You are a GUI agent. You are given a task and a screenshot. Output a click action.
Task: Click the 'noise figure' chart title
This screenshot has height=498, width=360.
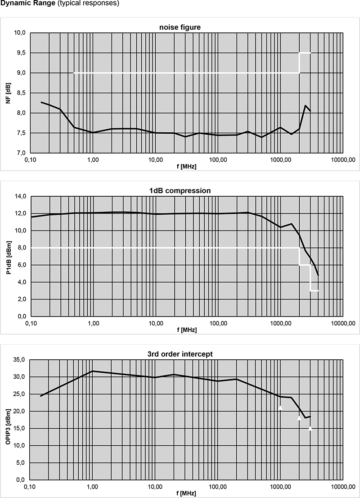point(180,27)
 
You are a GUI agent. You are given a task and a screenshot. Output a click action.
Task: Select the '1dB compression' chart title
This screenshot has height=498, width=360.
point(180,190)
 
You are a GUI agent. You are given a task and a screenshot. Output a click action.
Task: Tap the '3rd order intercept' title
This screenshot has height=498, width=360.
point(180,354)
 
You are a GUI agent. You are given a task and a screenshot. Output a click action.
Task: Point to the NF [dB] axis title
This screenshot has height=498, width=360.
point(8,93)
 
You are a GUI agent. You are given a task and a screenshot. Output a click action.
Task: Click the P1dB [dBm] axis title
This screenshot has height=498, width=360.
point(8,256)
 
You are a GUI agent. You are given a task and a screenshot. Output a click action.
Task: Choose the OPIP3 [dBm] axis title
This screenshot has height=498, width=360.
point(8,420)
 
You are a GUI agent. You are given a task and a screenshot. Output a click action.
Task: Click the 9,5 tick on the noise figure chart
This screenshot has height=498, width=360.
point(20,53)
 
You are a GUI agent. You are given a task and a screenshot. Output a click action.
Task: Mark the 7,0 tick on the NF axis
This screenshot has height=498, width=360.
point(20,153)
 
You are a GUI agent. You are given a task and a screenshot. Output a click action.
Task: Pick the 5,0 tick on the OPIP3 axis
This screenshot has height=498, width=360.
point(20,463)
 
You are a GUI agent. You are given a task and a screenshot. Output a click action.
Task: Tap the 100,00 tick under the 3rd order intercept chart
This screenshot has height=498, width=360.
point(218,487)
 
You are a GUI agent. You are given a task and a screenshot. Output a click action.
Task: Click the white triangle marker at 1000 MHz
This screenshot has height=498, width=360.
point(280,407)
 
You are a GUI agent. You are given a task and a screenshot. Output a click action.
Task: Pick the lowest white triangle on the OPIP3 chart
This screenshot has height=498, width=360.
point(310,428)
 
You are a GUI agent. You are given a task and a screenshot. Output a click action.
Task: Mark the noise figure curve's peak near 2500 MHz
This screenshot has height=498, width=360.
point(306,106)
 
